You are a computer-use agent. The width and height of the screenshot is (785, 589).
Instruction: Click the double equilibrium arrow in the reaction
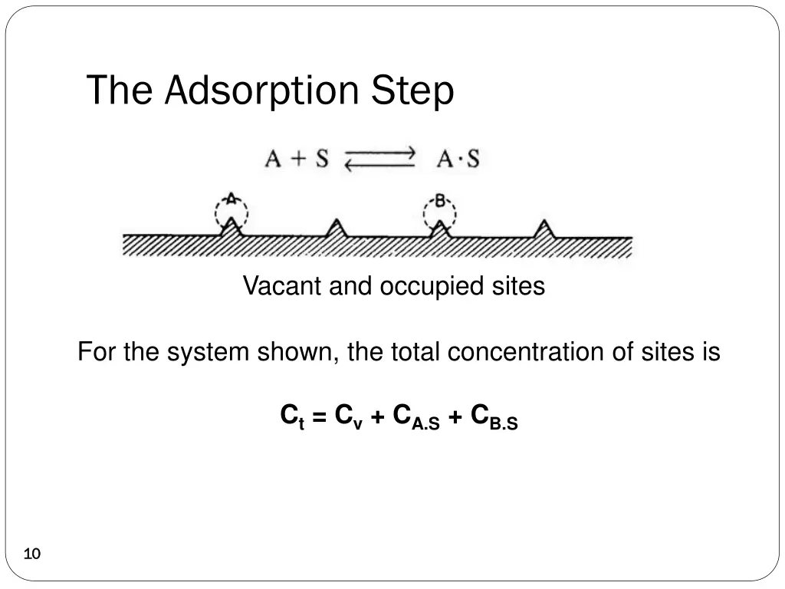(379, 160)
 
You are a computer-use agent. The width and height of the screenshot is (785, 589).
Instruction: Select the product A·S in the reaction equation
(458, 160)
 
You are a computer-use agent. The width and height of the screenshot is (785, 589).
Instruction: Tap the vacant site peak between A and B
(335, 228)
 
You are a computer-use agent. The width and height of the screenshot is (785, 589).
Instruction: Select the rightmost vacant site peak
(544, 228)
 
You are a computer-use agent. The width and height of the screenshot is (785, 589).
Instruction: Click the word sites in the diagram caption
(518, 286)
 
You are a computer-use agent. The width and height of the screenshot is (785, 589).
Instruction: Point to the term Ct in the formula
(292, 417)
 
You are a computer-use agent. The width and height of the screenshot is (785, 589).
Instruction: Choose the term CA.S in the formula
(415, 418)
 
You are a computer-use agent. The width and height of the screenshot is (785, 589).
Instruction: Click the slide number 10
(32, 554)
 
